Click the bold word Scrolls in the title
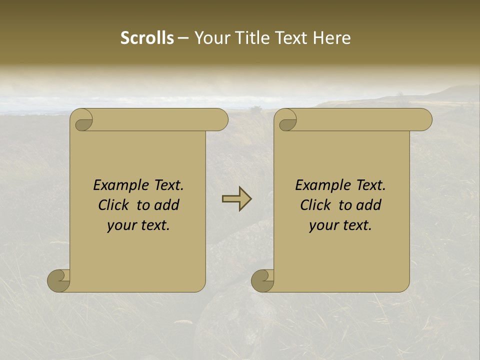click(147, 38)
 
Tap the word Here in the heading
click(332, 38)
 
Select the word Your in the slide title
click(210, 38)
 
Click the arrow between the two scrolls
click(237, 199)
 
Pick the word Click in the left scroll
click(113, 205)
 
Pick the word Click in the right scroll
click(315, 205)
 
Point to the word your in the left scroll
click(120, 225)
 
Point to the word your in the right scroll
click(322, 225)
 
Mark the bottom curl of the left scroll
click(58, 280)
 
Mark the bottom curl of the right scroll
click(262, 280)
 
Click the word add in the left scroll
click(167, 205)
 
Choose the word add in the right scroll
click(369, 205)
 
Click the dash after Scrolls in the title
click(183, 38)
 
